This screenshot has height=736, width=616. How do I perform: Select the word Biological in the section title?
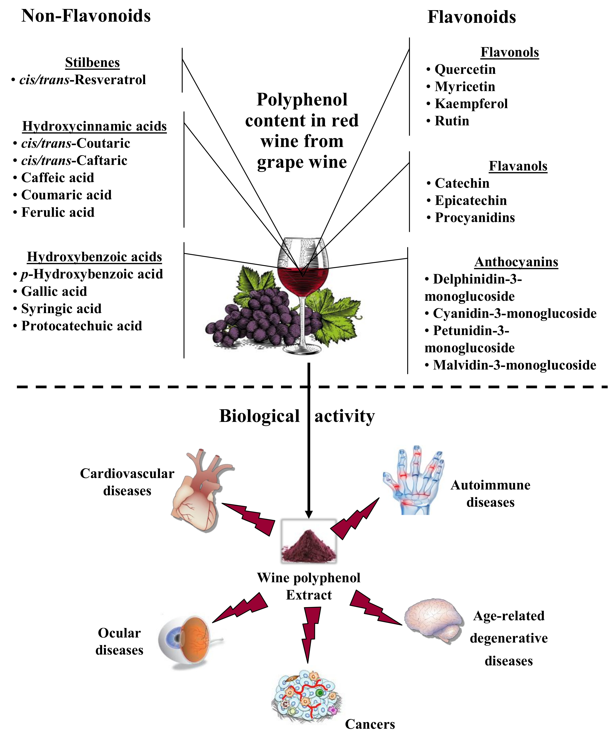(259, 416)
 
